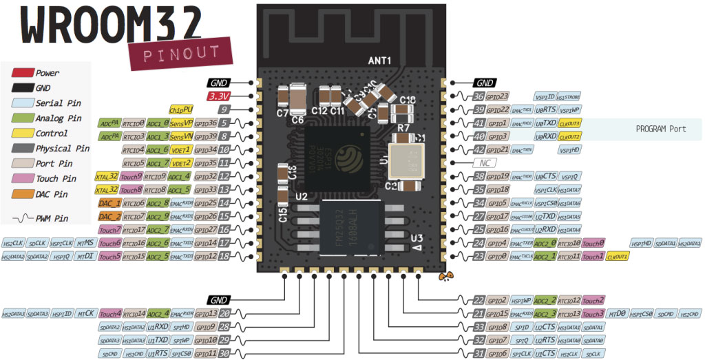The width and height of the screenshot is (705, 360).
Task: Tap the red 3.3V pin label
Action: click(220, 96)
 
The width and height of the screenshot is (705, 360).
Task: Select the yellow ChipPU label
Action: click(180, 109)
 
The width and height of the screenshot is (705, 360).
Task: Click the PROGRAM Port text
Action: click(660, 129)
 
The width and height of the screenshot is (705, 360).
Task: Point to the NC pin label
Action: click(483, 163)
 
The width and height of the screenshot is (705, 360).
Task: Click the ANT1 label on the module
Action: click(379, 61)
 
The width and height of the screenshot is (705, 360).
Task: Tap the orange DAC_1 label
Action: click(109, 204)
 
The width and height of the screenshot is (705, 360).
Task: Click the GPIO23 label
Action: click(497, 96)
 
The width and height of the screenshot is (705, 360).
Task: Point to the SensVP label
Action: click(182, 123)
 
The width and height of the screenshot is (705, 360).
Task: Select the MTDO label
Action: click(617, 314)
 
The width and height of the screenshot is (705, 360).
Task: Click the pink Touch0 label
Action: click(593, 243)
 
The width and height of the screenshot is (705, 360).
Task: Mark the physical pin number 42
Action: click(479, 149)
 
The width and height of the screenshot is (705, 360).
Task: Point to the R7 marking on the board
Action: click(403, 128)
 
